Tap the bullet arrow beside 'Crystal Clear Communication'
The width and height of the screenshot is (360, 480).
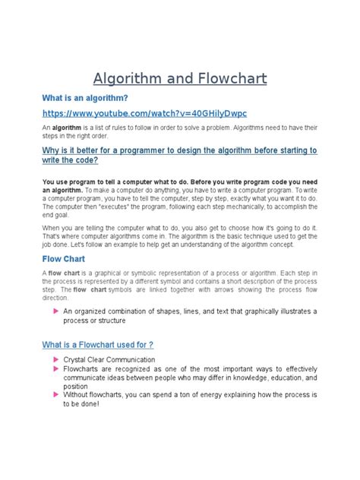[55, 358]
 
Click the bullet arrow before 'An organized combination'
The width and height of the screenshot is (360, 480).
[55, 311]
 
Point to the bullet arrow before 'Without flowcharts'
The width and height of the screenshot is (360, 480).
[55, 395]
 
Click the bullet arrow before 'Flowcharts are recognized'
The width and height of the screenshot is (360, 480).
[55, 368]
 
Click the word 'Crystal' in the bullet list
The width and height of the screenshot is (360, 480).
[77, 359]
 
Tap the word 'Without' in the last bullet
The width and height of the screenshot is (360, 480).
[79, 396]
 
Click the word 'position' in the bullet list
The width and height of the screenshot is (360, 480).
[77, 386]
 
